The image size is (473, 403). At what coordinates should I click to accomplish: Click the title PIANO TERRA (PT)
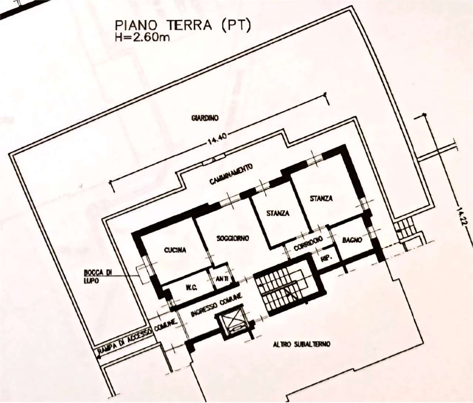[183, 26]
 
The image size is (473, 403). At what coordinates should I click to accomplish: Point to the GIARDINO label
[205, 118]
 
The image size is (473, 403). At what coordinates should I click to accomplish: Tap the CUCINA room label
[175, 250]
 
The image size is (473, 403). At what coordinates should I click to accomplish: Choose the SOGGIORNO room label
[233, 238]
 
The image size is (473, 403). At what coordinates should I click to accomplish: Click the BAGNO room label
[352, 240]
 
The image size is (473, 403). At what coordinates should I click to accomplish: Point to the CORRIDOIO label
[308, 244]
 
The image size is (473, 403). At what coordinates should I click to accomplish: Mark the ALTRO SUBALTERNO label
[302, 351]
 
